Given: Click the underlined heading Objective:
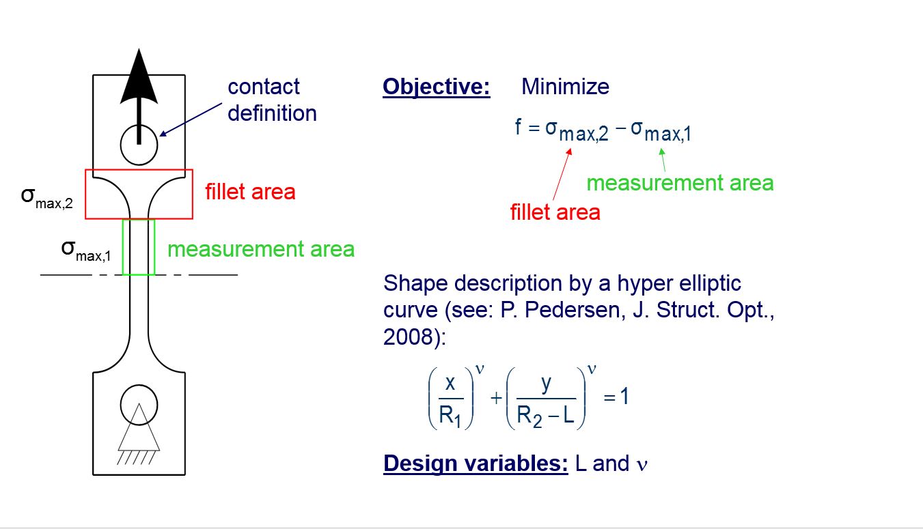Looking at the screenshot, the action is click(437, 87).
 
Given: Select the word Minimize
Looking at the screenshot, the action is click(565, 87).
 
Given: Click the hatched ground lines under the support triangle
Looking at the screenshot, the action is click(137, 458).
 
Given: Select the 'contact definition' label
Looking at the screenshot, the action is click(272, 100).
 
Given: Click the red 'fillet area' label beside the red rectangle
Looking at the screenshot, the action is click(250, 192).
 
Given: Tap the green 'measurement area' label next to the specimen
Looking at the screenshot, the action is click(261, 249).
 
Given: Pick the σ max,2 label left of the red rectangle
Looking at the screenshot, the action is click(46, 198).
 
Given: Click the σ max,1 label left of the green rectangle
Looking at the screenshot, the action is click(85, 251).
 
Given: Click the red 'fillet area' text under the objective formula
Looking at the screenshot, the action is click(555, 212).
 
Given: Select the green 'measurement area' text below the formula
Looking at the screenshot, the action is click(680, 183).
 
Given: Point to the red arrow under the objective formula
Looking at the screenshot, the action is click(562, 175).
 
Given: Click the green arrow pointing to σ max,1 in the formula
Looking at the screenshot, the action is click(663, 160).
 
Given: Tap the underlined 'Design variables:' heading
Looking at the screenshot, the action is click(476, 463).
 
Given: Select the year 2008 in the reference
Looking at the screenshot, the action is click(410, 337).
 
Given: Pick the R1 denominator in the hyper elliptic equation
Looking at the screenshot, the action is click(450, 416).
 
